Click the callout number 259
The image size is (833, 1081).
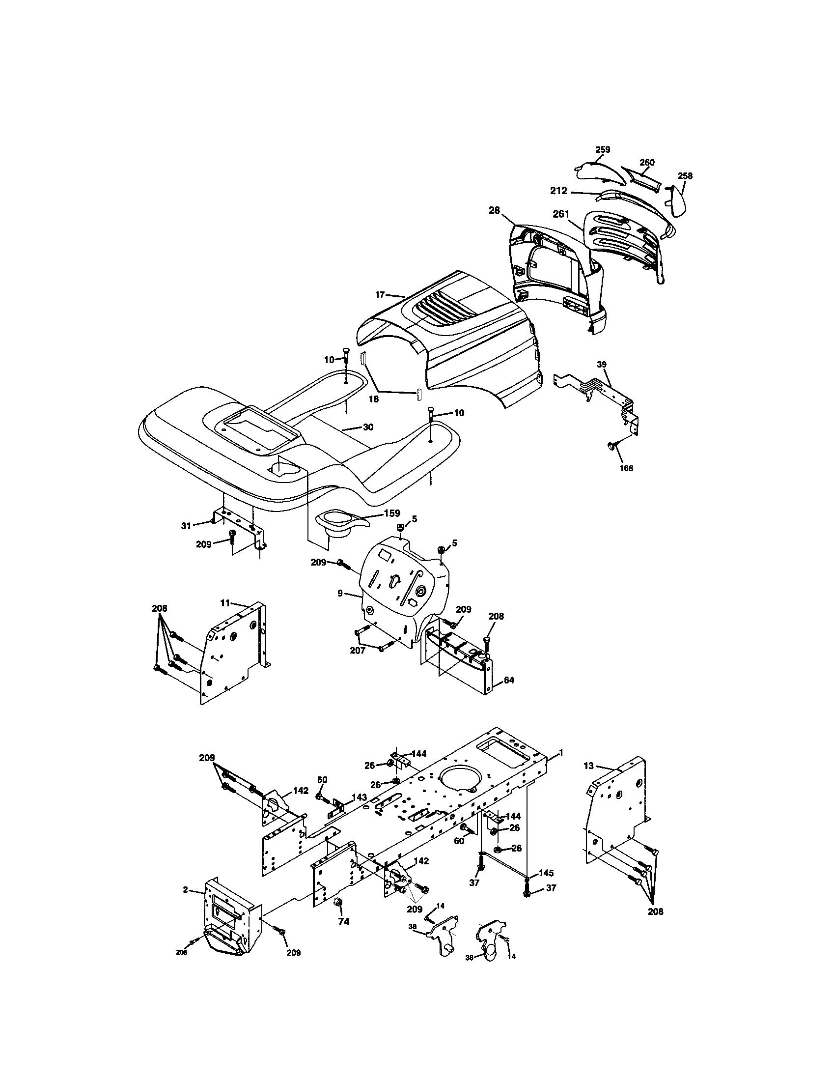603,149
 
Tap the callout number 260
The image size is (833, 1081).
647,162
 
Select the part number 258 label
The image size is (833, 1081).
685,176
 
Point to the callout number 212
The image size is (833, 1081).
559,191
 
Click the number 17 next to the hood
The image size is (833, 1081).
380,295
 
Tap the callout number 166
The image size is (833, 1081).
626,468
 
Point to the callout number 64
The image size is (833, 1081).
509,680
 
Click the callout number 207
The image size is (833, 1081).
358,651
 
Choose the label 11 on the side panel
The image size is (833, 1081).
225,603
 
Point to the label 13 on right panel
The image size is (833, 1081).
588,766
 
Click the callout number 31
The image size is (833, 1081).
186,526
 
